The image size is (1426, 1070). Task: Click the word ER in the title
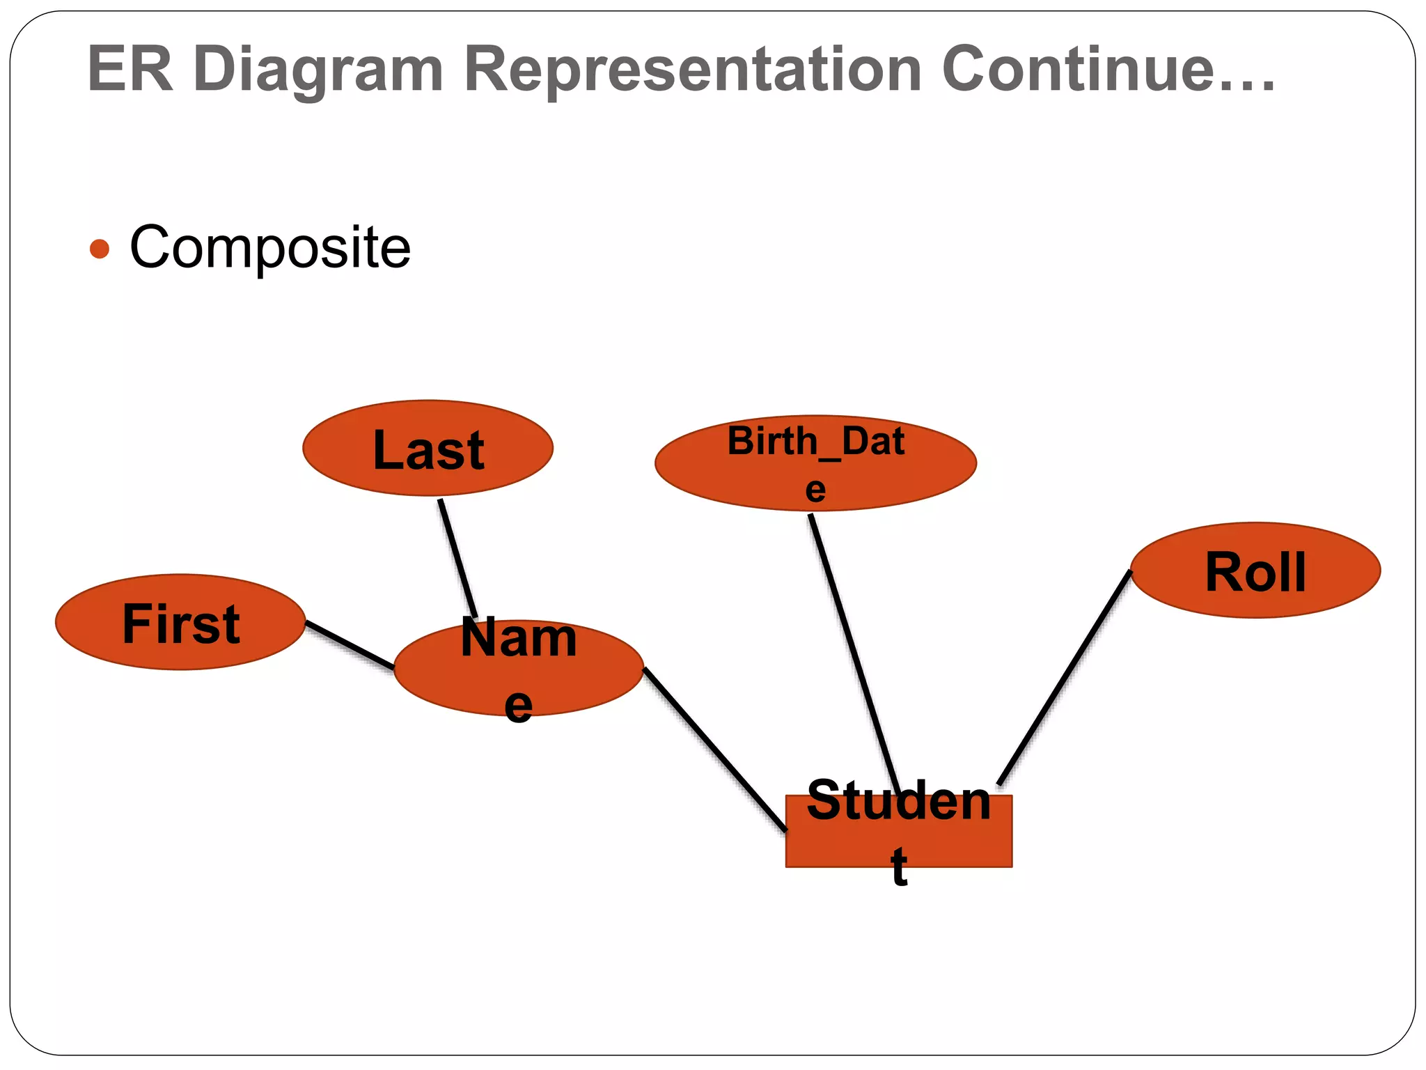tap(130, 69)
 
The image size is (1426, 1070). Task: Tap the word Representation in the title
tap(693, 69)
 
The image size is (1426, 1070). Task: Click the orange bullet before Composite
tap(100, 249)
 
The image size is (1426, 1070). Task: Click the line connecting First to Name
tap(350, 645)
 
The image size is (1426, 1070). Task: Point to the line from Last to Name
tap(457, 557)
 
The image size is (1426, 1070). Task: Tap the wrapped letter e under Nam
tap(518, 705)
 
